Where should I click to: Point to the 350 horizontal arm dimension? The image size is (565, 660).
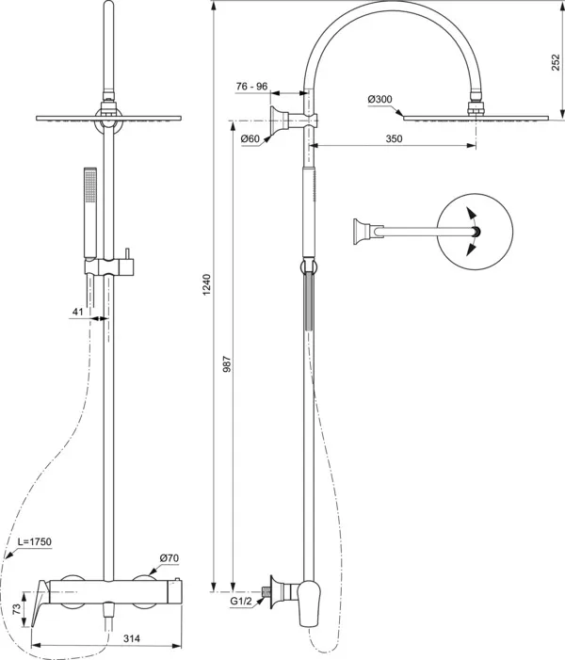tap(394, 139)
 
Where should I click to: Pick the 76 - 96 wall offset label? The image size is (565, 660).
tap(251, 87)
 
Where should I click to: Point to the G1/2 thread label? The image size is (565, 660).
tap(243, 597)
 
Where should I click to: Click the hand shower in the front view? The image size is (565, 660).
tap(90, 212)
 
